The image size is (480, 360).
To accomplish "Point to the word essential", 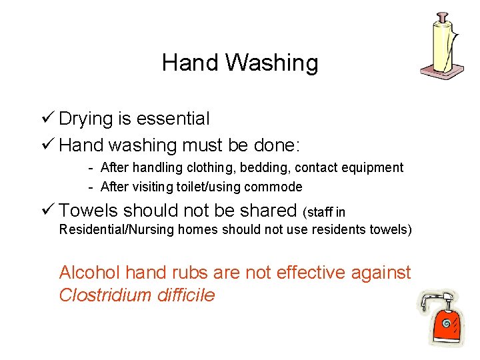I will coord(173,119).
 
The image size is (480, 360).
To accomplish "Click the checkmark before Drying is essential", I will coord(47,119).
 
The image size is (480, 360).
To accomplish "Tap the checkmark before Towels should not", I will coord(47,211).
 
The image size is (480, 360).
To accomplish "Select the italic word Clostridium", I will coord(100,295).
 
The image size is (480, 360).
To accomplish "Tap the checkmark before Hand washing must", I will coord(47,144).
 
